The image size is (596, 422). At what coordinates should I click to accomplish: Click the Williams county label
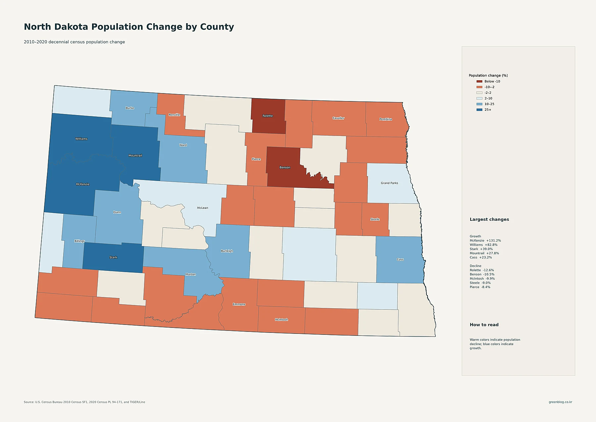pos(81,139)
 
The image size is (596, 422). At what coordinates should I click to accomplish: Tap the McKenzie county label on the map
pos(83,184)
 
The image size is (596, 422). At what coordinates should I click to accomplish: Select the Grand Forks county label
pos(389,183)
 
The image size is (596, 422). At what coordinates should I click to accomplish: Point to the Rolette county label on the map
pos(268,116)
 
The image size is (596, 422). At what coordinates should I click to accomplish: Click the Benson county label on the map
pos(285,167)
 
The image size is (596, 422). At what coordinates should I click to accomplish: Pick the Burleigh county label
pos(227,251)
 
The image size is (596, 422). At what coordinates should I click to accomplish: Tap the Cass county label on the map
pos(400,260)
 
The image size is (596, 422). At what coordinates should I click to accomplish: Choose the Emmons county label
pos(239,304)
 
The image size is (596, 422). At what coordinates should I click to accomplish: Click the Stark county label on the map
pos(113,257)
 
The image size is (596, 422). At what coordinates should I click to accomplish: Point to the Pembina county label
pos(386,119)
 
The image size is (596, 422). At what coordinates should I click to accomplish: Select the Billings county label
pos(79,241)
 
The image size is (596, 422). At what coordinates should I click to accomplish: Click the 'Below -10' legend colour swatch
pos(479,81)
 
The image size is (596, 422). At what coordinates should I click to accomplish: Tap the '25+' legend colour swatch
pos(479,109)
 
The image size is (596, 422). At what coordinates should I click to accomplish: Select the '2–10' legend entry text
pos(488,98)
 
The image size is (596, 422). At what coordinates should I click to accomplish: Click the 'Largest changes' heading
pos(489,219)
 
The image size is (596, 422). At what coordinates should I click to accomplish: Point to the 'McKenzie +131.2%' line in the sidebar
pos(485,241)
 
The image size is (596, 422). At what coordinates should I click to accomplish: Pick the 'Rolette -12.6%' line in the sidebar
pos(482,270)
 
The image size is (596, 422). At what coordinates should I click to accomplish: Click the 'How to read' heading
pos(484,325)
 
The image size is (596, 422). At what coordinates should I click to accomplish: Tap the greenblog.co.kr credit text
pos(560,402)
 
